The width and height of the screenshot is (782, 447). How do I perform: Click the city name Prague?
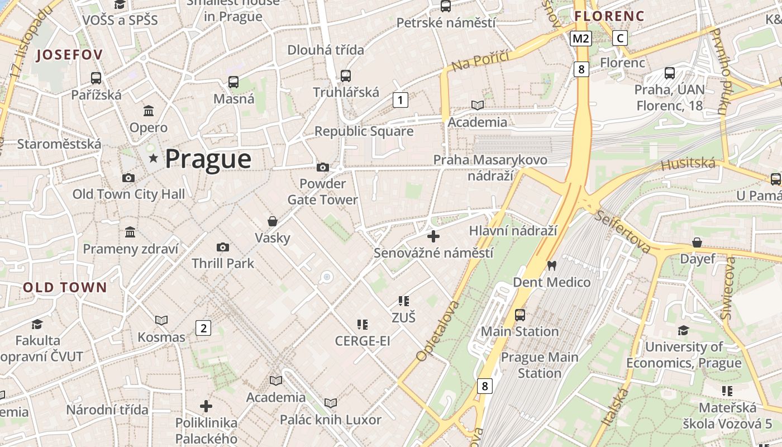point(208,159)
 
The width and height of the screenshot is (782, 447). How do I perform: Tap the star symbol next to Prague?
point(154,159)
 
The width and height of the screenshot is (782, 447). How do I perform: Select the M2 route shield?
point(581,38)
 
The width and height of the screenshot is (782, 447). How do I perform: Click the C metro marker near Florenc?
point(619,38)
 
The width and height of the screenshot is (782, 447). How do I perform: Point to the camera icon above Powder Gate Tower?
point(322,167)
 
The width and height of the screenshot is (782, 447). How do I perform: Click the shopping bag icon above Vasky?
point(273,221)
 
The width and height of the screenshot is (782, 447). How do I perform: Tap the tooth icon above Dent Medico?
point(552,266)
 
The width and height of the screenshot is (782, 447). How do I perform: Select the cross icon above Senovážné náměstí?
point(433,236)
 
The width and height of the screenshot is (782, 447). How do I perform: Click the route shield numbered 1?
point(400,100)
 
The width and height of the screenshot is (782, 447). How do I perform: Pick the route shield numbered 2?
point(203,328)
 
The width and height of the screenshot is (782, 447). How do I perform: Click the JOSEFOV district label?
point(69,55)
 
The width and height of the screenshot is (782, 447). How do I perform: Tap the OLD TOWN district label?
point(65,288)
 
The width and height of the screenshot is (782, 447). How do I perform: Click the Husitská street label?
point(688,164)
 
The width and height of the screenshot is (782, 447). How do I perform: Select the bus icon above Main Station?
point(520,315)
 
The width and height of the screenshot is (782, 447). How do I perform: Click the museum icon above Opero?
point(149,111)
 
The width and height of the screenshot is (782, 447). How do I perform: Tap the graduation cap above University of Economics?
point(683,331)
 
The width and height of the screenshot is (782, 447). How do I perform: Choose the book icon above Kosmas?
point(161,320)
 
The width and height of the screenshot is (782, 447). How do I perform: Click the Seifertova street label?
point(623,231)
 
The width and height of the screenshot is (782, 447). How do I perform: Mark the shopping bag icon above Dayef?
point(697,242)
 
